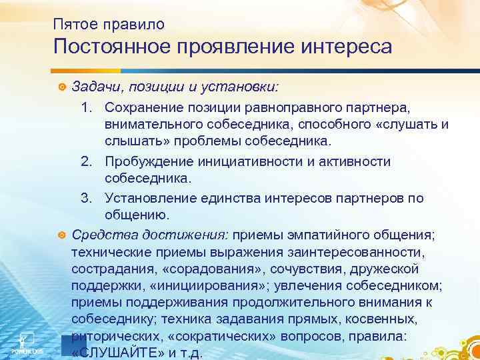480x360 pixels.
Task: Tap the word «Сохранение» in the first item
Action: pyautogui.click(x=145, y=107)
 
